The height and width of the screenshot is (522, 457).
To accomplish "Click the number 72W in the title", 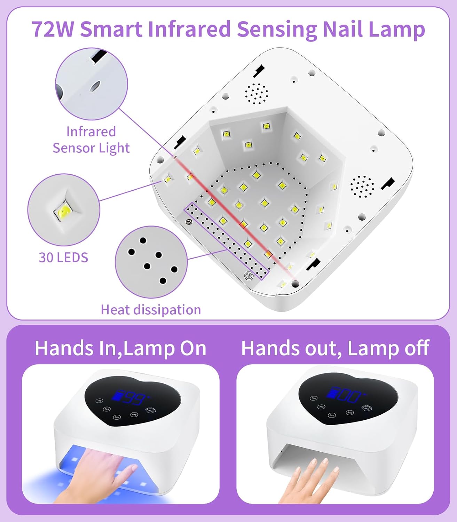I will pyautogui.click(x=53, y=29).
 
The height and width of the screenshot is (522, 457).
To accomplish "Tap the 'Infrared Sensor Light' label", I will pyautogui.click(x=91, y=140).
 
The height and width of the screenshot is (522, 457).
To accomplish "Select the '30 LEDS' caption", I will pyautogui.click(x=63, y=258).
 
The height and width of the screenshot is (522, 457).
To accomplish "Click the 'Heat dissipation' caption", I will pyautogui.click(x=151, y=310).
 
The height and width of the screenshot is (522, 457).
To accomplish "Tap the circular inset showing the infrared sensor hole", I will pyautogui.click(x=92, y=84).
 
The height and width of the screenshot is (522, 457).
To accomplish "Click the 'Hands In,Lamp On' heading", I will pyautogui.click(x=120, y=348).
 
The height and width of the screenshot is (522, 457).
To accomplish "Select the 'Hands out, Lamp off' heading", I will pyautogui.click(x=335, y=348).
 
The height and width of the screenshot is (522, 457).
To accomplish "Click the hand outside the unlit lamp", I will pyautogui.click(x=310, y=482).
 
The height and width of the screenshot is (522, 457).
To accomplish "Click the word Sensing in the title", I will pyautogui.click(x=277, y=29).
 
